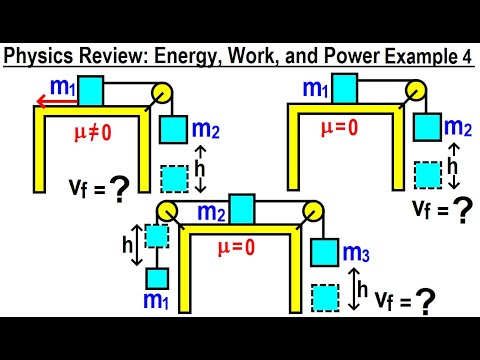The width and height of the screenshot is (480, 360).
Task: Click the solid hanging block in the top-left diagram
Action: click(x=174, y=129)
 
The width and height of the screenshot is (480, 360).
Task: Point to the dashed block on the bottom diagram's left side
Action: click(x=157, y=236)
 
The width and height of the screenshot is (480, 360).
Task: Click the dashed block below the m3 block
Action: click(x=326, y=298)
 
